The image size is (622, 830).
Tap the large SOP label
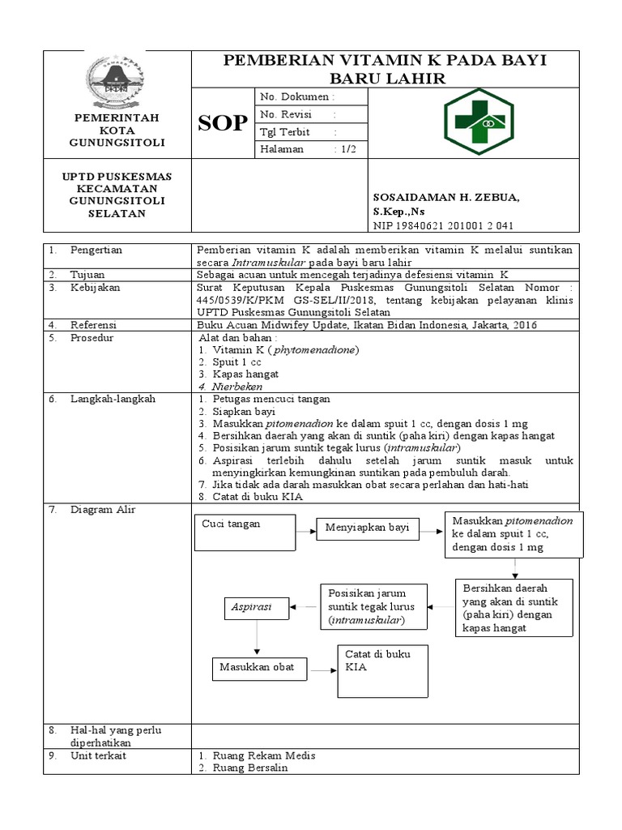point(223,123)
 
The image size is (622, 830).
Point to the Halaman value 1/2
point(347,149)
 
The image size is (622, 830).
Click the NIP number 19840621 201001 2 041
point(443,225)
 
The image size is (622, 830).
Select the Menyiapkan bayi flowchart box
point(367,528)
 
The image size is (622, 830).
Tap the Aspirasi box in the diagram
point(258,606)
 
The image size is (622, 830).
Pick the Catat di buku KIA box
point(382,670)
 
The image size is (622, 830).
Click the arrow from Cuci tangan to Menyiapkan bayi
point(302,531)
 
